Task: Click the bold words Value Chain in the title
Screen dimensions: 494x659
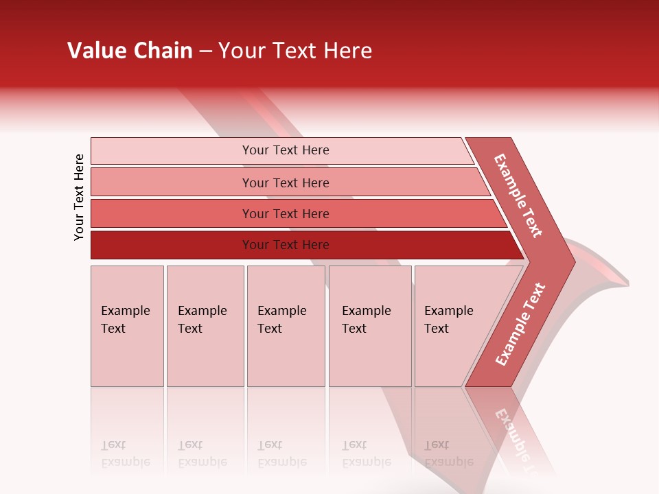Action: (x=130, y=51)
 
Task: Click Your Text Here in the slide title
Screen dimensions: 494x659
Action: (x=295, y=51)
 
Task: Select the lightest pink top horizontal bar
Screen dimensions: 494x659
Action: (x=172, y=151)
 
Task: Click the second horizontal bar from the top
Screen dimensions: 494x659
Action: (x=172, y=183)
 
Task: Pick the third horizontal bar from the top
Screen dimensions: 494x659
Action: (x=172, y=213)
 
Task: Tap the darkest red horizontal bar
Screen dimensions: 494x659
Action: (x=172, y=245)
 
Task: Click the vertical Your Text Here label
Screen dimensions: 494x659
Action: (x=79, y=197)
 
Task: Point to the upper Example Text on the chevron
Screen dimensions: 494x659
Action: (x=518, y=196)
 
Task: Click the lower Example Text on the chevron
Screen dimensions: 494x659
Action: (x=520, y=325)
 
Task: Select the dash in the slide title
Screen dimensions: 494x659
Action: (x=205, y=51)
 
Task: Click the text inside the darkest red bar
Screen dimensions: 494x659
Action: (x=286, y=245)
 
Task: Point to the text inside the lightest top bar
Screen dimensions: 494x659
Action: (x=286, y=150)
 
